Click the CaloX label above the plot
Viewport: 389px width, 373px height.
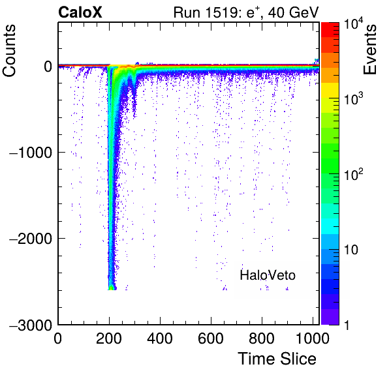(80, 12)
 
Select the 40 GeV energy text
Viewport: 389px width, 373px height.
(293, 12)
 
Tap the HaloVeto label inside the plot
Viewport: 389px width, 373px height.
(268, 275)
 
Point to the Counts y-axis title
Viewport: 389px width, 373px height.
(9, 51)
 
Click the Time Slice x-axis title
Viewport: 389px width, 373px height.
(277, 359)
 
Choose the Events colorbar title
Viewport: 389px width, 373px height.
(369, 50)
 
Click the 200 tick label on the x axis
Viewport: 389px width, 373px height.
(109, 338)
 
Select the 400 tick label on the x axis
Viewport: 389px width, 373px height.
(160, 338)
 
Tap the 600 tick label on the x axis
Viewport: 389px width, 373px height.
(211, 338)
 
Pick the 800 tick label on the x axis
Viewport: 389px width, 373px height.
(262, 338)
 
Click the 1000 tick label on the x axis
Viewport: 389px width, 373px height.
(313, 338)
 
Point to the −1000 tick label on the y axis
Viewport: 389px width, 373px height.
(31, 153)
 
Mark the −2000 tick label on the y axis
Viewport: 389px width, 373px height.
(31, 239)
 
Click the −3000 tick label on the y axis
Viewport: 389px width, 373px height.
(31, 325)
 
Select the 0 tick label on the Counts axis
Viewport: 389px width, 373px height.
(48, 67)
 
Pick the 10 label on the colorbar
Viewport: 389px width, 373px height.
(351, 250)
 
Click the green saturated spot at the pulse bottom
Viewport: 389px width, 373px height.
(111, 288)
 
